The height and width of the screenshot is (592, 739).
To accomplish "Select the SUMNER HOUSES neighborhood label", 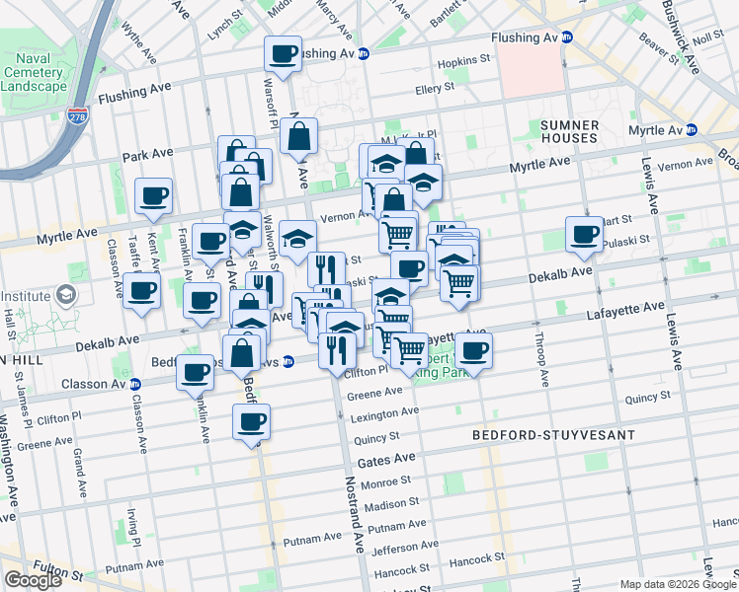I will pyautogui.click(x=570, y=132).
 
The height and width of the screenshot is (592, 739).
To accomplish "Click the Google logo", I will pyautogui.click(x=33, y=579).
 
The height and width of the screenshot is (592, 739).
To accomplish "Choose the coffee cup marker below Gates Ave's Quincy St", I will pyautogui.click(x=252, y=422).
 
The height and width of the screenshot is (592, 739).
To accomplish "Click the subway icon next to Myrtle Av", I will pyautogui.click(x=692, y=130).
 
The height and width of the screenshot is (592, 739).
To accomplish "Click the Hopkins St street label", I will pyautogui.click(x=465, y=61).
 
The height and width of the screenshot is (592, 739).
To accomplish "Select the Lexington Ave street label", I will pyautogui.click(x=378, y=414).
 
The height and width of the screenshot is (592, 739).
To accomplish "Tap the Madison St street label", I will pyautogui.click(x=386, y=505).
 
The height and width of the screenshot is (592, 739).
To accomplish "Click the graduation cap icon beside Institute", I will pyautogui.click(x=65, y=295).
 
